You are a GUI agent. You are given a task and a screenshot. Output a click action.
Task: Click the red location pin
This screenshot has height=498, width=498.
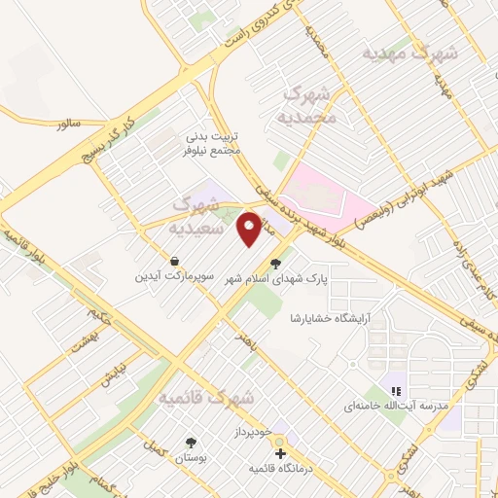click(x=250, y=229)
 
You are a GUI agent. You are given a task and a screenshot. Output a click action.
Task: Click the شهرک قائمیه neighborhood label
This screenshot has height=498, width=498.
click(x=206, y=399)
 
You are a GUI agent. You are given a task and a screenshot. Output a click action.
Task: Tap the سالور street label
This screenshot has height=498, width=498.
click(x=66, y=125)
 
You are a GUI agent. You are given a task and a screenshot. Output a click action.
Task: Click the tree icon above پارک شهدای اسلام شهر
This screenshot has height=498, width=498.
click(x=276, y=262)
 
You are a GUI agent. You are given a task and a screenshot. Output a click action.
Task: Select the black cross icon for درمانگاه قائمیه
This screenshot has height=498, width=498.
click(x=281, y=453)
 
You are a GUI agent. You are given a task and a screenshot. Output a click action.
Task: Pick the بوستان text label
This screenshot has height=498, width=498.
click(x=190, y=457)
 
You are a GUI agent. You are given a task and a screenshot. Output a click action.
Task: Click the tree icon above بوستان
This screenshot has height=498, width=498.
click(x=190, y=442)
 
